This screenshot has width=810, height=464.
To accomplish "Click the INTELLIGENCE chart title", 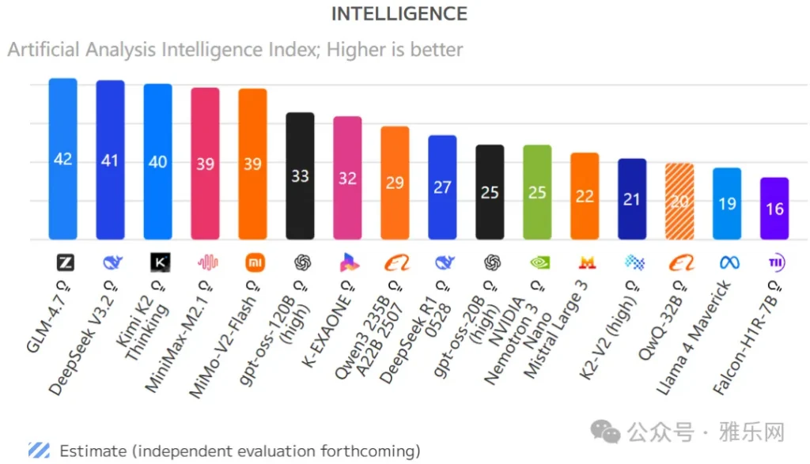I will point(399,13).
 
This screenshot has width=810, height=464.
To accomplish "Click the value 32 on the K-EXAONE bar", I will point(347,178).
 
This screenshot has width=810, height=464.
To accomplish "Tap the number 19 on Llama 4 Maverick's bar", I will point(727,203).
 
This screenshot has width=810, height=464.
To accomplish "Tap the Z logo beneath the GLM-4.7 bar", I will point(65,262).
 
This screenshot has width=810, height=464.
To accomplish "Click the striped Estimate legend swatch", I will point(39,451).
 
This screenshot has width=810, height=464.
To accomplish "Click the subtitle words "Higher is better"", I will point(395,49).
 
